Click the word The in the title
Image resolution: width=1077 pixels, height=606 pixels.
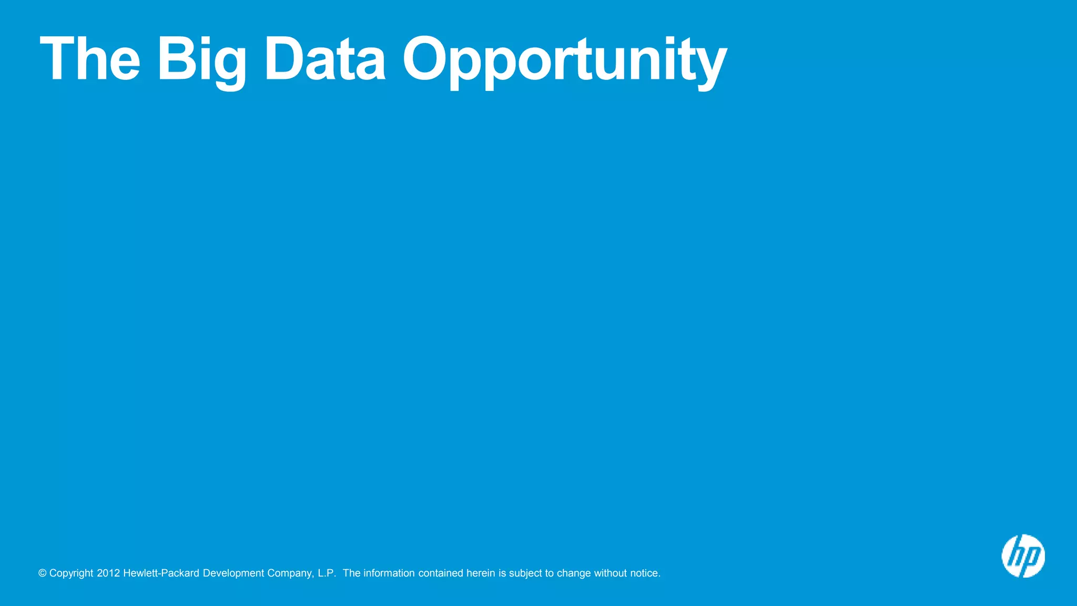pos(90,58)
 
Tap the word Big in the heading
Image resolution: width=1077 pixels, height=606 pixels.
pos(201,60)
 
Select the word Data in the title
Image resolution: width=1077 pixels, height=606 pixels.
pos(325,58)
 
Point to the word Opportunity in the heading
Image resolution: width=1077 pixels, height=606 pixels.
pos(565,60)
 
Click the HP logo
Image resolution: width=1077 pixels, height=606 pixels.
pos(1023,556)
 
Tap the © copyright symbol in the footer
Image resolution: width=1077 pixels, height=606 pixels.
pos(43,573)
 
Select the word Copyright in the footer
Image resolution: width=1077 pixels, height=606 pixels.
pos(71,573)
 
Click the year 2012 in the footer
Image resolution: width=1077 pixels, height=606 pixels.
pos(108,573)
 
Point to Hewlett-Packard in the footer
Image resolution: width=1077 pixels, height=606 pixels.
pos(161,573)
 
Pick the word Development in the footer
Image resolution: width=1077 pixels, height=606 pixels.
pos(233,573)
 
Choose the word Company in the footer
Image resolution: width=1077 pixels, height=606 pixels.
pos(290,573)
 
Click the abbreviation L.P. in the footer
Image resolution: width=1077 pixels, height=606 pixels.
pos(327,573)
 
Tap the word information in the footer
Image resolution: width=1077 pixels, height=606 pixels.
pos(389,573)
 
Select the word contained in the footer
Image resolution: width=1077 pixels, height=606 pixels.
pos(441,573)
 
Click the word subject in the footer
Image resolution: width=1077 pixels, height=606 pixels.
pos(525,573)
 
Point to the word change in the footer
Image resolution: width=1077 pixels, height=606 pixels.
pos(574,573)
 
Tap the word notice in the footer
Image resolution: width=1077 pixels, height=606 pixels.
pos(644,573)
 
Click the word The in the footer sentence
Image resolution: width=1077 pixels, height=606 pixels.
pos(351,573)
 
